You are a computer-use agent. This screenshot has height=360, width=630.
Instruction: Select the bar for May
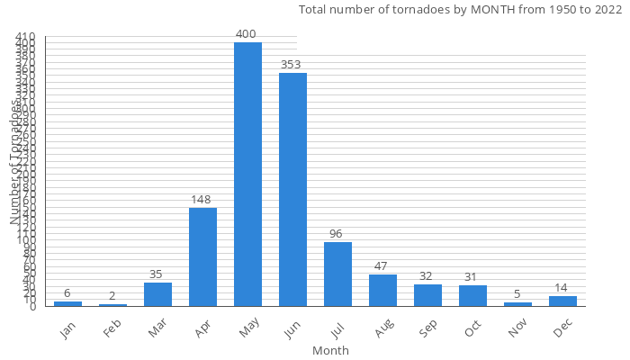point(247,175)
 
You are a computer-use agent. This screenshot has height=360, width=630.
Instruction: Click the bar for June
point(292,190)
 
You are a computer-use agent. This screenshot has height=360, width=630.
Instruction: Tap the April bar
point(202,257)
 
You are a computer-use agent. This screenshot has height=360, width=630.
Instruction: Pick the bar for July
point(337,274)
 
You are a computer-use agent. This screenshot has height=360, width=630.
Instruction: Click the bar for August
point(382,291)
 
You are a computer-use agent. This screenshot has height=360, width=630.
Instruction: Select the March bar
point(157,294)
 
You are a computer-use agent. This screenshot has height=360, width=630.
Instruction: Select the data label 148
point(202,200)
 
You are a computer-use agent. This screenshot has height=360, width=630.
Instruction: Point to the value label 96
point(336,234)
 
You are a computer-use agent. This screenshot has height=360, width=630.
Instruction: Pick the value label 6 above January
point(67,293)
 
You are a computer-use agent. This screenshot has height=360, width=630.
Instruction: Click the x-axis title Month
point(330,350)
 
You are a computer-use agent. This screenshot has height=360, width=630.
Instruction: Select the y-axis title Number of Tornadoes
point(15,162)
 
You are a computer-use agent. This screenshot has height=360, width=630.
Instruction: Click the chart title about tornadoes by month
point(454,10)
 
